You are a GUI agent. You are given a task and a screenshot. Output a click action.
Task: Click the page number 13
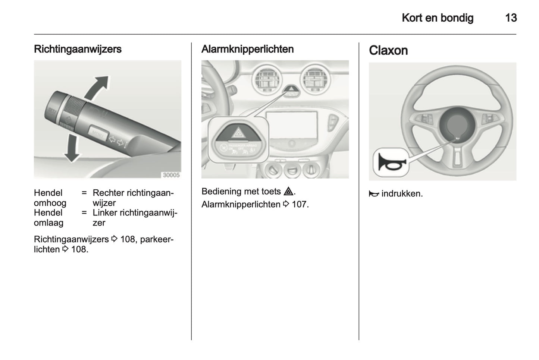point(511,18)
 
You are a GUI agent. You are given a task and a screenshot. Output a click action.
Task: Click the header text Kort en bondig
point(437,18)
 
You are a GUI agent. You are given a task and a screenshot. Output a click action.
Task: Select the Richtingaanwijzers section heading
point(78,49)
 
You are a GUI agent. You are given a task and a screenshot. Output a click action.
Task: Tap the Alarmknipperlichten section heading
point(247,49)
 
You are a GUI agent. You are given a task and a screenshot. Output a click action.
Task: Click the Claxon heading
point(388,50)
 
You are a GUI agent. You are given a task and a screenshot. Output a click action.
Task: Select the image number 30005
point(171,175)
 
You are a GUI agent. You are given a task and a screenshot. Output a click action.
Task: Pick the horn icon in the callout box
point(390,163)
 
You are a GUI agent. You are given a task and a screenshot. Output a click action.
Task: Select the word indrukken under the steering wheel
point(402,194)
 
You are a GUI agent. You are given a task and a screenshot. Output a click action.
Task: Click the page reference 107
point(300,204)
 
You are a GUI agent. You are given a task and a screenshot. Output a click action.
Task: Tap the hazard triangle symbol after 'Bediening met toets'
point(288,192)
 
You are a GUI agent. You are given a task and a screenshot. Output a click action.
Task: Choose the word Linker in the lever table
point(105,213)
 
